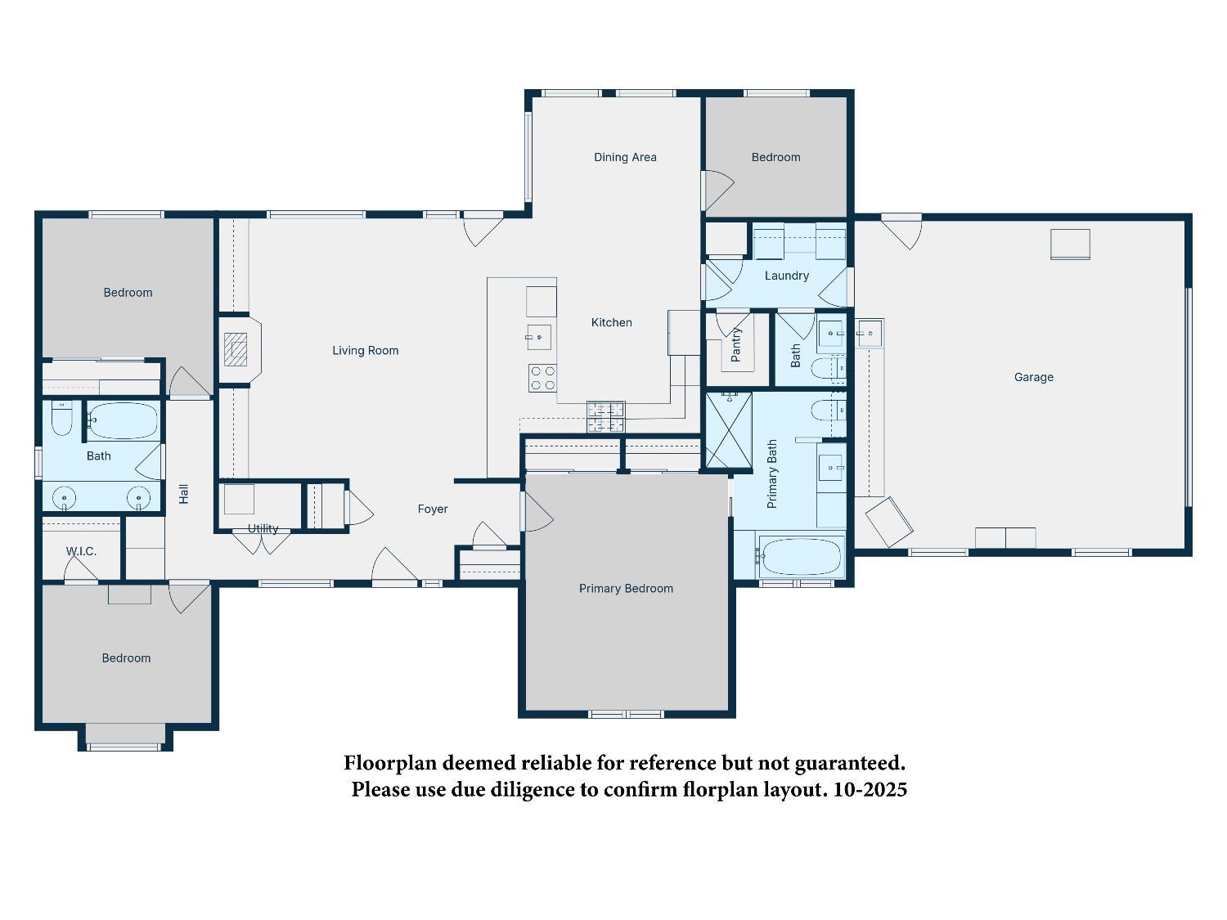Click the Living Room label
365,350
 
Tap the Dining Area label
625,157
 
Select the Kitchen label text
611,322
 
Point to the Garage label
1033,377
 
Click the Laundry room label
786,276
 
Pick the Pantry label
735,344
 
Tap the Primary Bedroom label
626,588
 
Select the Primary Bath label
772,474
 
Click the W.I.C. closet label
81,551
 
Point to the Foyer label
433,509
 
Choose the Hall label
184,493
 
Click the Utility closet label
263,528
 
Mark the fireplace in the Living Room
236,349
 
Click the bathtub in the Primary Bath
801,556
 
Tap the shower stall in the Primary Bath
728,430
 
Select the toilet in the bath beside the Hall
61,418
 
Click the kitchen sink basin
539,337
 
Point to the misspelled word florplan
721,789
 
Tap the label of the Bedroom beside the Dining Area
775,157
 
